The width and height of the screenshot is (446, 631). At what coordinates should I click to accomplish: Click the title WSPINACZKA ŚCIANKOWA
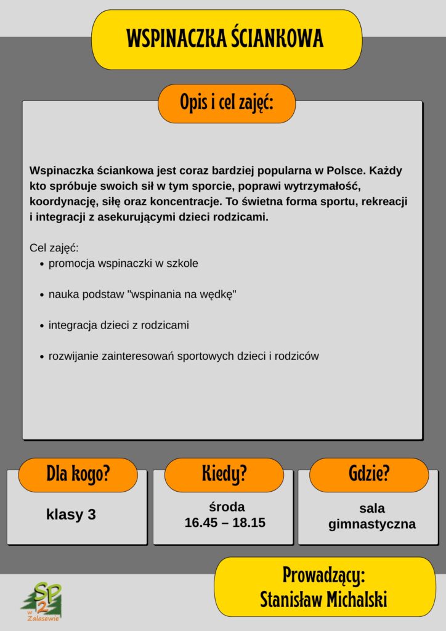tap(225, 39)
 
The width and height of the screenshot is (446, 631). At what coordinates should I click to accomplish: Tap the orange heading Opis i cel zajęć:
tap(226, 103)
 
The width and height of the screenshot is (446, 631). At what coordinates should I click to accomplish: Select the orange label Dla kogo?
tap(78, 474)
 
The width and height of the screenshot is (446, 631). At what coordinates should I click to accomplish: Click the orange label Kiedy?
tap(224, 474)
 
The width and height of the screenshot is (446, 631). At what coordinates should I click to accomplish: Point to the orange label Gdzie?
tap(368, 474)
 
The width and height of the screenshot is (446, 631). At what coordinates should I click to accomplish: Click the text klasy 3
tap(71, 515)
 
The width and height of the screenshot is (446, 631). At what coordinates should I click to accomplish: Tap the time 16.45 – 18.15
tap(225, 523)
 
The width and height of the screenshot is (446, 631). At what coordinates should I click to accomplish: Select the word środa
tap(227, 507)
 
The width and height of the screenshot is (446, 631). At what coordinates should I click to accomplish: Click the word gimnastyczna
tap(372, 524)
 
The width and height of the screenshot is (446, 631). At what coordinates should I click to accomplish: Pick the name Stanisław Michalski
tap(324, 599)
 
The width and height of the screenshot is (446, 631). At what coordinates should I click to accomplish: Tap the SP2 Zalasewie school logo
tap(43, 601)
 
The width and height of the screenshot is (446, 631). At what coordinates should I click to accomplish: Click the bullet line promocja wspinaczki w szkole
tap(123, 264)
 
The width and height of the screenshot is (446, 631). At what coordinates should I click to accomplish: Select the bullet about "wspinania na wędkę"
tap(142, 295)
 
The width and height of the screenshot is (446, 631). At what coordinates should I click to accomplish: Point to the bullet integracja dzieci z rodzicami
tap(118, 325)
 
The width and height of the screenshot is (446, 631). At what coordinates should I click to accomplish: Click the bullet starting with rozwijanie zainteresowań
tap(184, 356)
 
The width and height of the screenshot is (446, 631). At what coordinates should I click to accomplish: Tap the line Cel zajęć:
tap(54, 248)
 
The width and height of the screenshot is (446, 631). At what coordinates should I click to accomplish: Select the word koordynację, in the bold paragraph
tap(60, 202)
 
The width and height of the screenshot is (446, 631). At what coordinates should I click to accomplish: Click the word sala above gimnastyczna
tap(372, 508)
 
